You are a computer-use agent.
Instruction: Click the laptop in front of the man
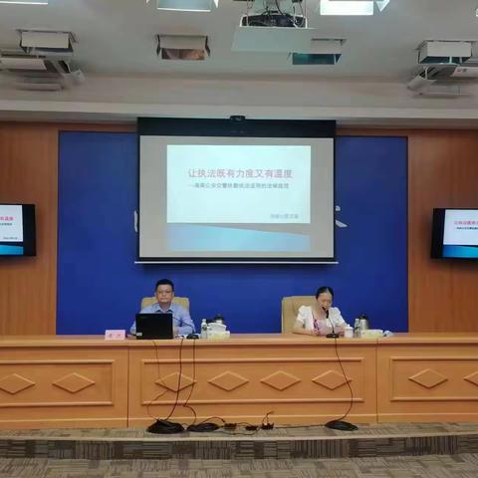[x=154, y=326]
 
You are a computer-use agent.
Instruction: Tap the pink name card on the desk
[x=116, y=335]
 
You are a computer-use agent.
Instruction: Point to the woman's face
[x=325, y=297]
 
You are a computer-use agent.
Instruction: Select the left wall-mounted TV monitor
[x=16, y=229]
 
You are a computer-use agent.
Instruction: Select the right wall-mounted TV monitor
[x=456, y=233]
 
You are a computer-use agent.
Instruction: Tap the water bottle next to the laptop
[x=203, y=328]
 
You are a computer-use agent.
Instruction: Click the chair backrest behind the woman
[x=297, y=311]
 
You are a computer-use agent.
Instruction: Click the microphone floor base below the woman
[x=341, y=425]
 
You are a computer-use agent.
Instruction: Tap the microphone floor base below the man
[x=165, y=426]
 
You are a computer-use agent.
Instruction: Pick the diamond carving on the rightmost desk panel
[x=428, y=378]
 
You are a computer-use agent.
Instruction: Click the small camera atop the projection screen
[x=237, y=119]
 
